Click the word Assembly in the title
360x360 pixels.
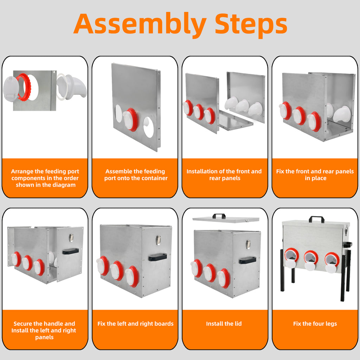140,24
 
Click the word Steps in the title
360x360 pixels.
251,24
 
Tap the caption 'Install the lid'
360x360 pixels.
224,324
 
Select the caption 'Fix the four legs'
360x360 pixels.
315,324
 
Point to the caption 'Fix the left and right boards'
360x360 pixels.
135,324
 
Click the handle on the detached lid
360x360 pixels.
219,216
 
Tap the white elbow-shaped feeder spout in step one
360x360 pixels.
72,86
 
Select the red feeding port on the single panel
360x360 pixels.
130,120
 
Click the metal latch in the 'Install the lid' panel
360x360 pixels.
248,245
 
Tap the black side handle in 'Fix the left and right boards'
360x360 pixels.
157,257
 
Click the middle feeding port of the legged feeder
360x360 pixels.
311,261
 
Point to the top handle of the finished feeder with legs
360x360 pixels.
317,219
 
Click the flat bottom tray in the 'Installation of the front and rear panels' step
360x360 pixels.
236,120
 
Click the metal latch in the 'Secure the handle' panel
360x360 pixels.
71,238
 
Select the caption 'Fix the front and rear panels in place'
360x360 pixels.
315,175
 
